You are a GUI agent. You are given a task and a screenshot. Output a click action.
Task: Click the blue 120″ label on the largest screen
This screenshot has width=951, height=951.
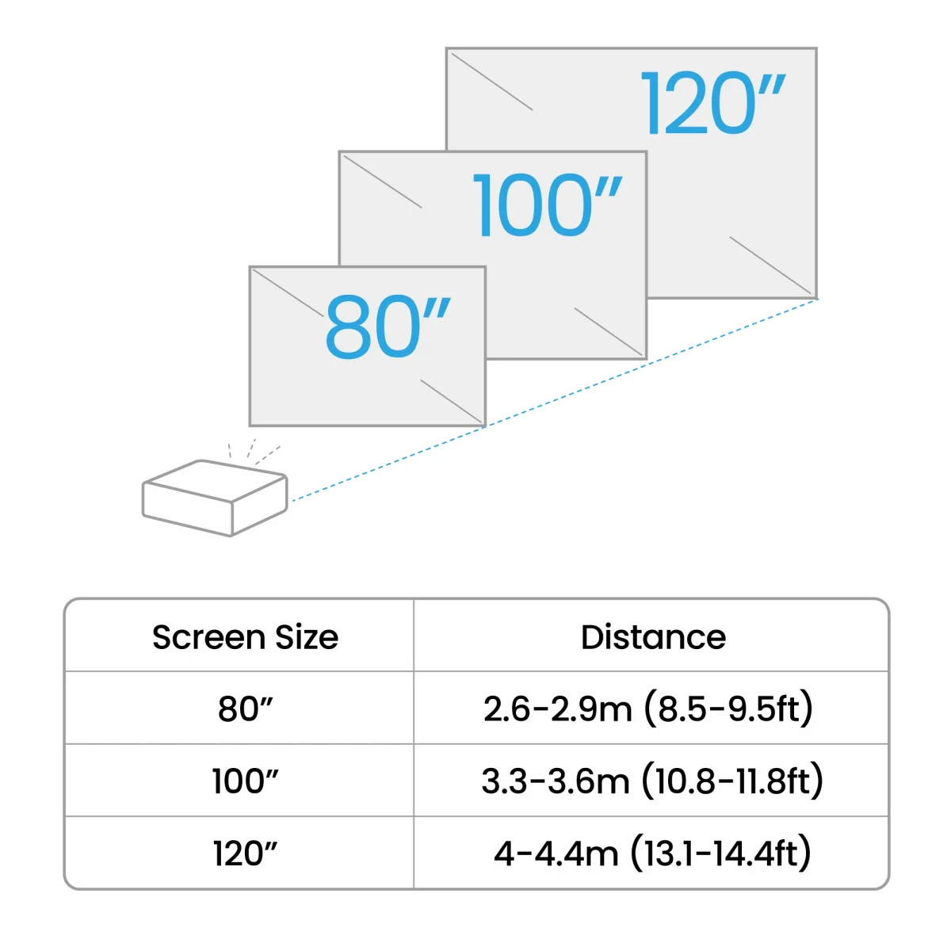(712, 103)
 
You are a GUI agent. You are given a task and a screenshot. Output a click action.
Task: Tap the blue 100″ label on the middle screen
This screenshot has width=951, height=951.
(548, 205)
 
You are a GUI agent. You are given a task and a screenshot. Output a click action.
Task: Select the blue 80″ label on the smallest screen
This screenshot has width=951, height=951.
(388, 327)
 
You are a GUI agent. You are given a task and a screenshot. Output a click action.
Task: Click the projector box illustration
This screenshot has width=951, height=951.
(215, 498)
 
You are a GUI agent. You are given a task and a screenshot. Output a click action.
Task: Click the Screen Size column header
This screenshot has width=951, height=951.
(245, 637)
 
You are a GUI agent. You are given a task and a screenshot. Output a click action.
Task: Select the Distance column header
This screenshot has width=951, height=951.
(653, 637)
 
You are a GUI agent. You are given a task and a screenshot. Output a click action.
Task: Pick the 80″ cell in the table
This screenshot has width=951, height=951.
(245, 709)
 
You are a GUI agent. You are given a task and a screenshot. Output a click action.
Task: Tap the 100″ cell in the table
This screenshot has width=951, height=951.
(245, 781)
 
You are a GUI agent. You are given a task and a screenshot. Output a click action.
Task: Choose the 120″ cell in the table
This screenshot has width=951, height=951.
(245, 854)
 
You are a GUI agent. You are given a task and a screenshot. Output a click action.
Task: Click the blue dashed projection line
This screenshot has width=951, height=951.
(555, 400)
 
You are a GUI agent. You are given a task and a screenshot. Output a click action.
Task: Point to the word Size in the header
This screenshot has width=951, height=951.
(307, 637)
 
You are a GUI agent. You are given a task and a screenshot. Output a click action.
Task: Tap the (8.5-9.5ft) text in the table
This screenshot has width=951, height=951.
(728, 709)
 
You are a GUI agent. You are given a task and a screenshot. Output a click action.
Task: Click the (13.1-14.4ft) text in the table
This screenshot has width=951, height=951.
(721, 854)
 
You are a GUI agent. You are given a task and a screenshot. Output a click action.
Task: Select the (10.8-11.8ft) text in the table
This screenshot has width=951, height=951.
(732, 781)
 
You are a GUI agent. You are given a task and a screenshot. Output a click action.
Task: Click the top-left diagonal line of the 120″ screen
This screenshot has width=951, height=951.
(492, 82)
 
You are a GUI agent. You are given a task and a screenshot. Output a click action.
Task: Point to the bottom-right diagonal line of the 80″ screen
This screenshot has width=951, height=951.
(451, 401)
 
